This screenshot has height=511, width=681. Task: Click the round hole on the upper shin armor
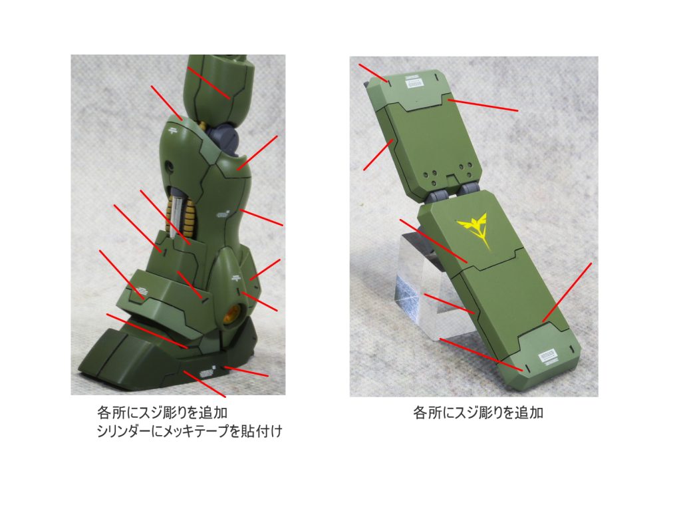(168, 166)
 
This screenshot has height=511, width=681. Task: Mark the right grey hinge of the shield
(468, 190)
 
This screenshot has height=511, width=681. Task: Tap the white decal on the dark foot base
(207, 373)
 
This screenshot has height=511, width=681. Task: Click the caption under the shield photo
(477, 413)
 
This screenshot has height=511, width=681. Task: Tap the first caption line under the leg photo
(162, 413)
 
